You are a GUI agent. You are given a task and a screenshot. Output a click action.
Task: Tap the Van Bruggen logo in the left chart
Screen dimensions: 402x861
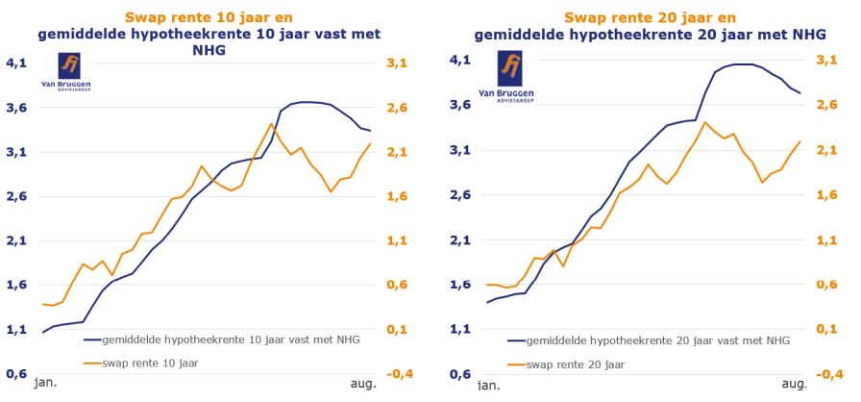pos(70,73)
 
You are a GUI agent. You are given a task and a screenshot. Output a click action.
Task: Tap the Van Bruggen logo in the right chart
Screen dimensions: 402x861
pos(513,73)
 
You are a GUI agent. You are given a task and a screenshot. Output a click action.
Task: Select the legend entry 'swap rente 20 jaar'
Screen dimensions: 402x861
pos(575,364)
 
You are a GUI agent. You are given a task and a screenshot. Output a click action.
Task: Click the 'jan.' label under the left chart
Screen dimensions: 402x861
pos(45,383)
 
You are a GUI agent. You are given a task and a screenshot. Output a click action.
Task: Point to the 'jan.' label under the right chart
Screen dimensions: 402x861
pos(488,385)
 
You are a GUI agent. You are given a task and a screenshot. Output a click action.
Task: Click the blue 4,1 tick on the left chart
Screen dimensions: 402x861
pos(18,63)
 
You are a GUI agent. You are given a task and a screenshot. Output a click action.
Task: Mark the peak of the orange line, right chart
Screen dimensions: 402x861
pos(705,122)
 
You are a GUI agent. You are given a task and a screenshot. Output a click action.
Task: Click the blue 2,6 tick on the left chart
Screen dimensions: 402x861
pos(18,196)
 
